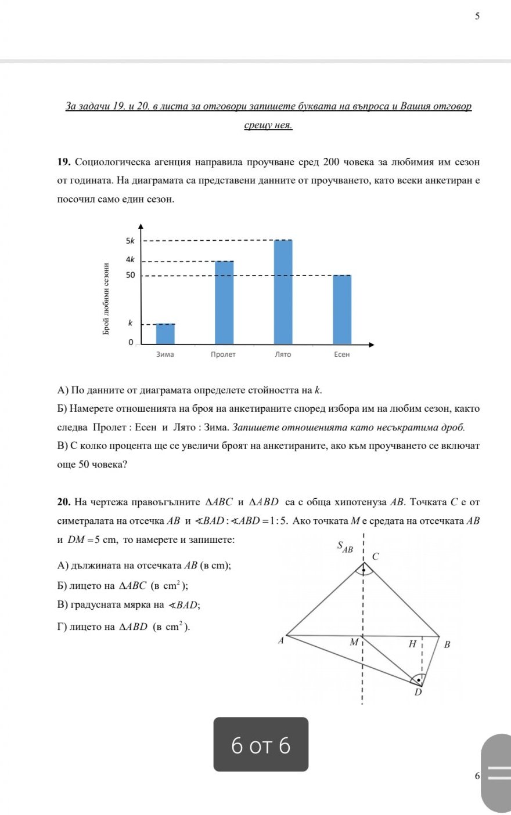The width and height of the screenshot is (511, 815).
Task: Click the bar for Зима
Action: point(165,334)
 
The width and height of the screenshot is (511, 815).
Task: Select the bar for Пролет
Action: point(224,302)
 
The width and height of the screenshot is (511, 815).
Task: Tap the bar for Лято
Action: point(283,292)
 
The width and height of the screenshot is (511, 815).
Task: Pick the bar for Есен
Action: point(342,309)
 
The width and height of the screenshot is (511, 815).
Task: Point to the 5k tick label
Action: point(130,241)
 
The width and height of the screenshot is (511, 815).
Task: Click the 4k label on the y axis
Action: point(130,259)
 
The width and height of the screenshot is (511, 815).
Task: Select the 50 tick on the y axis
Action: point(130,275)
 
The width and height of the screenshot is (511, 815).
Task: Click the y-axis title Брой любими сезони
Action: point(106,299)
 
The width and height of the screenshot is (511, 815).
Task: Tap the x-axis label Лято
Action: point(283,354)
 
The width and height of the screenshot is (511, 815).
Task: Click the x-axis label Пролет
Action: point(223,354)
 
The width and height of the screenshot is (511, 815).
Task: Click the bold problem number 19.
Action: point(64,161)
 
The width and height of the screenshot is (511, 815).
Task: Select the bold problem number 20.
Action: point(64,502)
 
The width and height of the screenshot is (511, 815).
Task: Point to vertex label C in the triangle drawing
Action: point(375,556)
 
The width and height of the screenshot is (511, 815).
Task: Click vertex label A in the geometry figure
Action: point(281,640)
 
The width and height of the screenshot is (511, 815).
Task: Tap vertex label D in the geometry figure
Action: point(418,692)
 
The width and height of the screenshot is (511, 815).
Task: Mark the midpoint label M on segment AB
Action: point(354,643)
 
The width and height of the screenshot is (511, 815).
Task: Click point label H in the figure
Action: point(412,644)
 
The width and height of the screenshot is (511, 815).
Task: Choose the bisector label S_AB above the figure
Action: point(345,546)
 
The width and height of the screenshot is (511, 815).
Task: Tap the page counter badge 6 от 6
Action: point(261,745)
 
